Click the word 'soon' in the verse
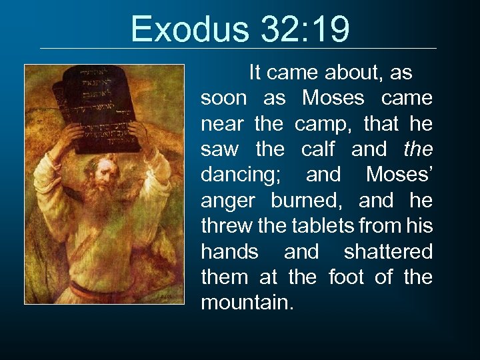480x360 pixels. (x=224, y=98)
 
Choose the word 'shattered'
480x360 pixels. (x=388, y=251)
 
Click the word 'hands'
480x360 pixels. (x=229, y=251)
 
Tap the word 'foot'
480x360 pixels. (x=347, y=277)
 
